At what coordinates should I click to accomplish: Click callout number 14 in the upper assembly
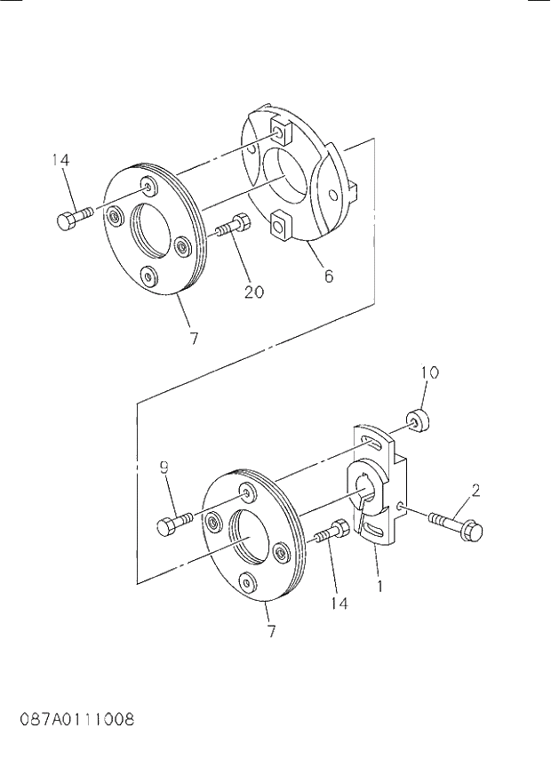click(x=60, y=160)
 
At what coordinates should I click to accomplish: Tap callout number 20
click(x=253, y=291)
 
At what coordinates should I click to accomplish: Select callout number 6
click(x=328, y=276)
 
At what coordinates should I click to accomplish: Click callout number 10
click(x=429, y=372)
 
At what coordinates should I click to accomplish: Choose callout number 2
click(x=476, y=489)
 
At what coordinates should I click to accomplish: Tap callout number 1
click(x=379, y=587)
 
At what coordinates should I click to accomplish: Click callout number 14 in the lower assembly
click(x=338, y=603)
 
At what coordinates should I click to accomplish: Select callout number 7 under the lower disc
click(x=271, y=632)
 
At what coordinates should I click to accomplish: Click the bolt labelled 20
click(x=232, y=226)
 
